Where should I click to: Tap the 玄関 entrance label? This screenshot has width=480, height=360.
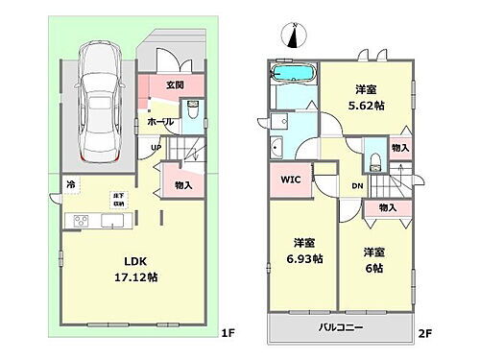coord(175,84)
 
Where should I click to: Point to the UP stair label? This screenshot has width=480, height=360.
coord(155,148)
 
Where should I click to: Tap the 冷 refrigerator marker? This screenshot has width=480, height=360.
coord(70,183)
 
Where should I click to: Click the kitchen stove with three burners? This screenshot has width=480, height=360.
coord(78,222)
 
